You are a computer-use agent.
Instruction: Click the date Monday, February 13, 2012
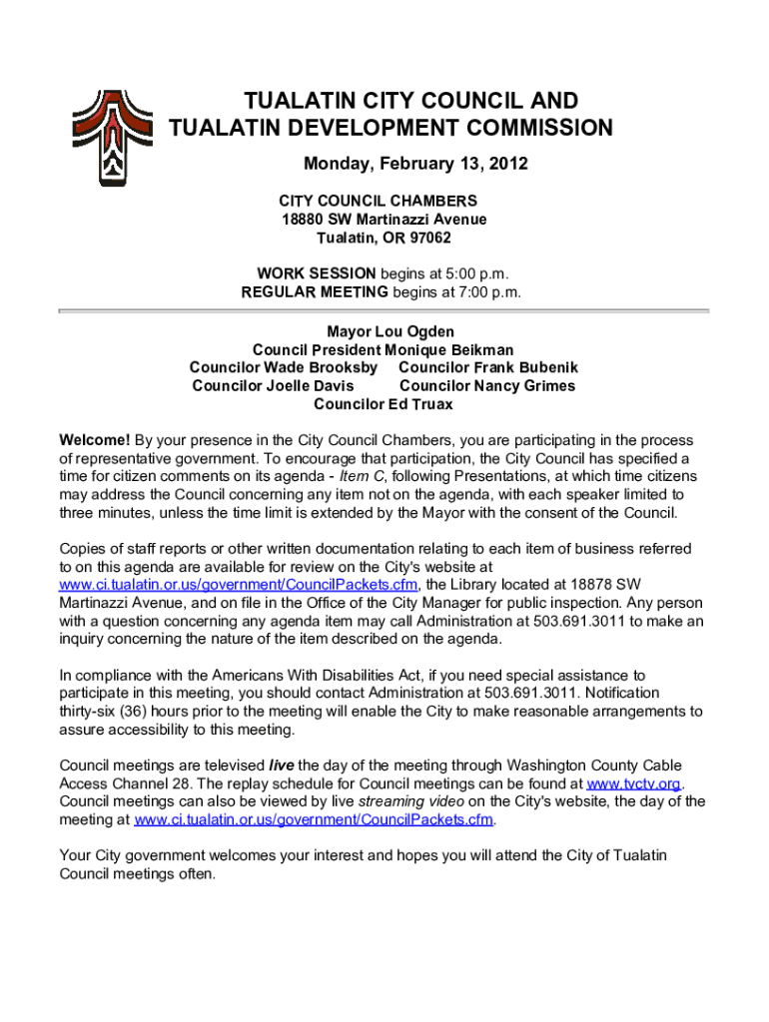(415, 164)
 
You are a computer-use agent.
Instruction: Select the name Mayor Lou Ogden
(384, 331)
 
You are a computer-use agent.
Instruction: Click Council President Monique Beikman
(384, 349)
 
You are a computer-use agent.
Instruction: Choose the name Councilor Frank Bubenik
(488, 367)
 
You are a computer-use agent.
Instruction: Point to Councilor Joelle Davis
(273, 385)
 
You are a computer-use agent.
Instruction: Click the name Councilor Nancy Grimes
(487, 385)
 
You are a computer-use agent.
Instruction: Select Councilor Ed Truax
(384, 404)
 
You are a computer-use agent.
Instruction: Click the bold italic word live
(284, 766)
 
